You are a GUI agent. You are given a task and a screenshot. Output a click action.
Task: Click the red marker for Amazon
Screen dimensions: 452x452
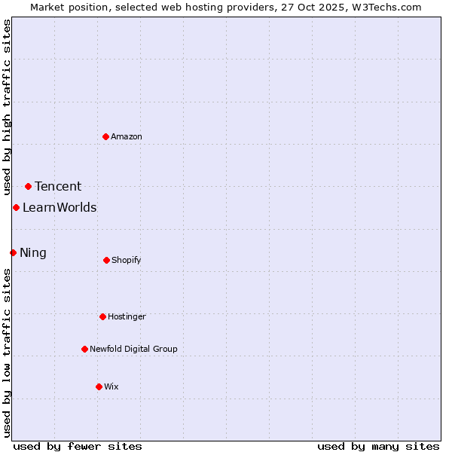tap(105, 136)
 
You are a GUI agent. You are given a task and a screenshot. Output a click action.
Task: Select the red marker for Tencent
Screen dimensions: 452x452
tap(28, 186)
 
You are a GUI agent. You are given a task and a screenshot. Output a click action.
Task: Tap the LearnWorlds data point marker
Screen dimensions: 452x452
tap(16, 207)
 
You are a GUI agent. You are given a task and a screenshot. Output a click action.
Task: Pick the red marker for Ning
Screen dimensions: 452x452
tap(13, 252)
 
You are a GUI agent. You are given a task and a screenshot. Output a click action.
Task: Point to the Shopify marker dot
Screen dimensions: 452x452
tap(106, 260)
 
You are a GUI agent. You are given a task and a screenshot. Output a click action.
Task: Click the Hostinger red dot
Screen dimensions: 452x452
tap(102, 316)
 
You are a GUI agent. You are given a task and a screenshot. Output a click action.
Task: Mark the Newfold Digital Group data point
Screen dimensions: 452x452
tap(84, 349)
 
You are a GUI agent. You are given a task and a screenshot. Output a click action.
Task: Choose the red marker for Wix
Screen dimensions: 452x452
tap(99, 386)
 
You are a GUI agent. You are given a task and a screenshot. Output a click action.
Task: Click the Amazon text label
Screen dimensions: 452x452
tap(127, 136)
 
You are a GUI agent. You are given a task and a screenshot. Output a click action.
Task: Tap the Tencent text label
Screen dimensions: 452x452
tap(58, 187)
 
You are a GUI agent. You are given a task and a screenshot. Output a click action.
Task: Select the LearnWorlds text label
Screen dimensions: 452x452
tap(60, 208)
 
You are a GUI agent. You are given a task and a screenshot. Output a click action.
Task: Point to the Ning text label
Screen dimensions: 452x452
tap(33, 253)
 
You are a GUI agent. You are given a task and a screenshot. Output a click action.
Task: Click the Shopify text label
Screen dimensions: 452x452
tap(127, 260)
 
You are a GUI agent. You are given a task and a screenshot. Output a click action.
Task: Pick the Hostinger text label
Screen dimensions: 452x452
tap(127, 316)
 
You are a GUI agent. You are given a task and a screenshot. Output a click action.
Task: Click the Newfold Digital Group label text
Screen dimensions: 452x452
tap(133, 349)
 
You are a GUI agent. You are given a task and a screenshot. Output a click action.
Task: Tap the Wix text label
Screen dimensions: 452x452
tap(111, 386)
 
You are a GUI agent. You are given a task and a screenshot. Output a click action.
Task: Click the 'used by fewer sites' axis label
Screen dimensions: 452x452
tap(78, 446)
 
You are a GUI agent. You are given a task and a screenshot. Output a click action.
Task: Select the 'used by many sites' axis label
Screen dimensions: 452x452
tap(378, 446)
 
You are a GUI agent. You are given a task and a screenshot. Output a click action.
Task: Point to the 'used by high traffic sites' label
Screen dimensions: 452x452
tap(7, 107)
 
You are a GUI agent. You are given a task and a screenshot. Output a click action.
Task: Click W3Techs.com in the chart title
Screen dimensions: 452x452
tap(383, 7)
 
